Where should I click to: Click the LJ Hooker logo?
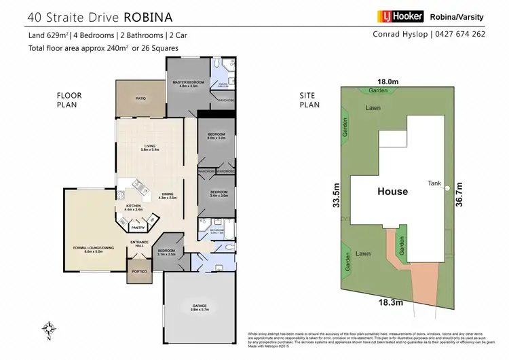[x=399, y=16]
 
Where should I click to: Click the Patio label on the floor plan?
[x=140, y=98]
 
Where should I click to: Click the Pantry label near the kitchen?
[x=138, y=228]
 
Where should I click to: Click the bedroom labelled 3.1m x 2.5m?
[x=166, y=252]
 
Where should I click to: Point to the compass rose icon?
[x=47, y=327]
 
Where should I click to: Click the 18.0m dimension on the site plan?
[x=386, y=79]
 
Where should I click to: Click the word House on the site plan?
[x=392, y=192]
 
